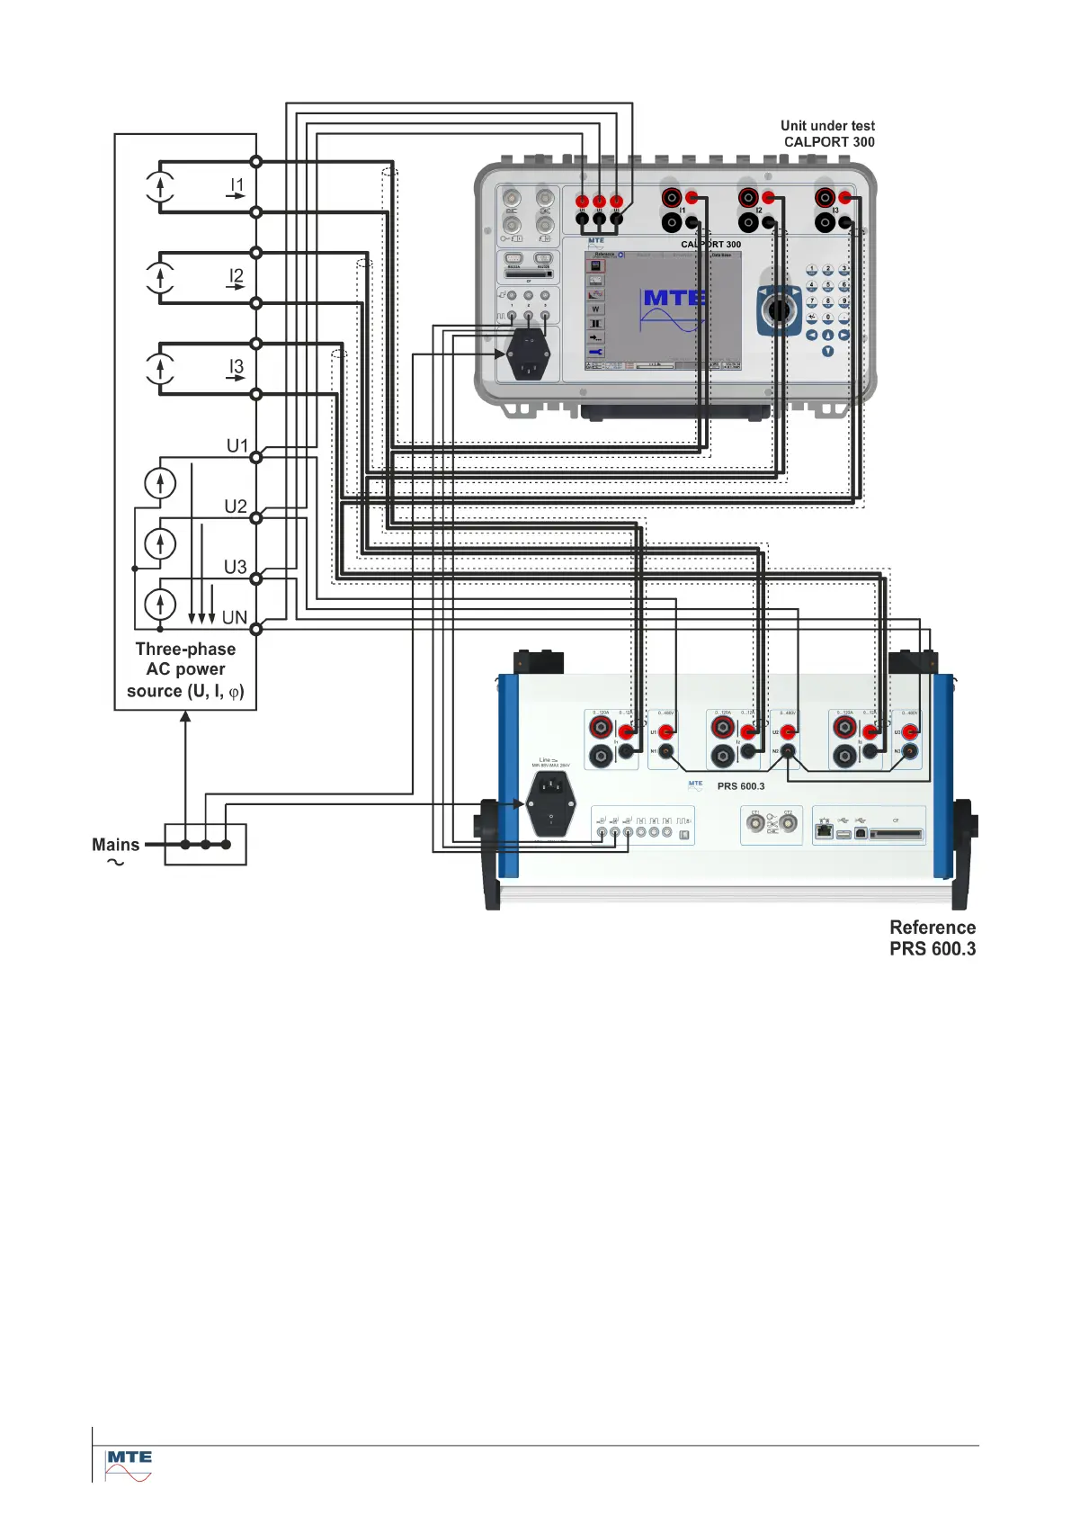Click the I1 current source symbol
160,187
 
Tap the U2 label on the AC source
236,506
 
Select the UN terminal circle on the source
256,629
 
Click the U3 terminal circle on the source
256,578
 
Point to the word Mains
115,845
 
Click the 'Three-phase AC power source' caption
185,670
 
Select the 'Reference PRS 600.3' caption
933,937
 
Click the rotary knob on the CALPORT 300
779,310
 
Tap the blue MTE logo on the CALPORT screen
674,298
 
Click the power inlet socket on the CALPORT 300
527,354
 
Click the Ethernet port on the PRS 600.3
824,831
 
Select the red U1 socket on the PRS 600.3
666,732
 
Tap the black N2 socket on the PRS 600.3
788,751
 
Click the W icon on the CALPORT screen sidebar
595,309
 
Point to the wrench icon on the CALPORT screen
595,353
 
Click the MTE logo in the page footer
129,1464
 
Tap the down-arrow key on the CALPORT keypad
827,352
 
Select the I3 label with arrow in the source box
236,369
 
